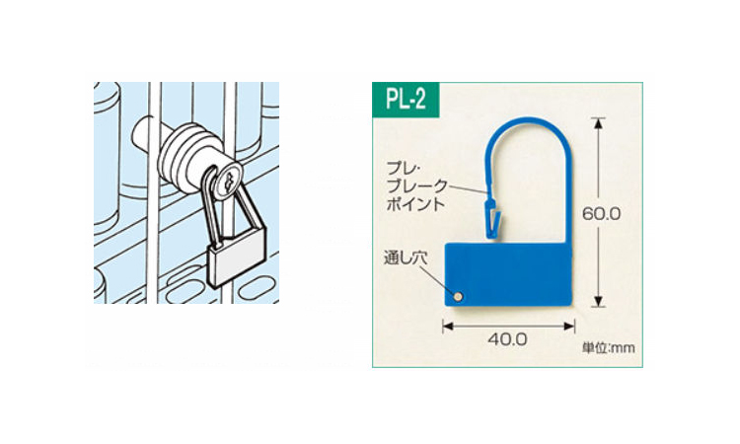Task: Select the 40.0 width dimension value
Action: pyautogui.click(x=508, y=338)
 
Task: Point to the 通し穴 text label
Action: pyautogui.click(x=403, y=261)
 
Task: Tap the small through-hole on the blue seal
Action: pyautogui.click(x=459, y=293)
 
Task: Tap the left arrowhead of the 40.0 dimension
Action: pyautogui.click(x=448, y=323)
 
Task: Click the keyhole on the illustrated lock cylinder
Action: pyautogui.click(x=228, y=182)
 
